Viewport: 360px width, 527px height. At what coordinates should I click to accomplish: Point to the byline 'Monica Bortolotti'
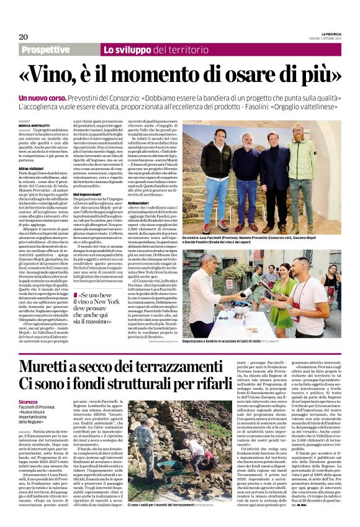point(37,125)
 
